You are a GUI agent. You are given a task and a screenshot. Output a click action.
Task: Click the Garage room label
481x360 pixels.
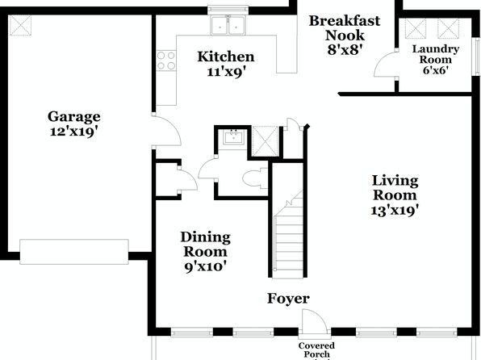coord(74,116)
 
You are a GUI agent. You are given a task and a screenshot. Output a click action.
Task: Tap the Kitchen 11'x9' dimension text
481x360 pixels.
coord(226,72)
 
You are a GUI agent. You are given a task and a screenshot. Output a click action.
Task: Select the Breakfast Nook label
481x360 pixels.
coord(345,28)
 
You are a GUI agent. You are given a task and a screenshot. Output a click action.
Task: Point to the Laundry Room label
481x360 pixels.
coord(436,54)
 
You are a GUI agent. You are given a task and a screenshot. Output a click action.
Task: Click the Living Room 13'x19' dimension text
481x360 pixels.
coord(395,211)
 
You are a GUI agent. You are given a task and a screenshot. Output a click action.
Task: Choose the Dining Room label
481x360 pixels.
coord(205,245)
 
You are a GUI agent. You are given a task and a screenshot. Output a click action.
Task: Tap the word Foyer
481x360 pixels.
coord(288,299)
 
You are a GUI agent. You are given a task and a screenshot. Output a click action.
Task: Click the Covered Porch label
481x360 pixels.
coord(316,350)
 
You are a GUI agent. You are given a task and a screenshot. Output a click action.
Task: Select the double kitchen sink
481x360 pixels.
coord(228,25)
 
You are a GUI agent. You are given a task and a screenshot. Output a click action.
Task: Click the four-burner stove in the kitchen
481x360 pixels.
coord(166,61)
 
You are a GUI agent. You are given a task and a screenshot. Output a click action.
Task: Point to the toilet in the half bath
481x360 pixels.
coord(255,178)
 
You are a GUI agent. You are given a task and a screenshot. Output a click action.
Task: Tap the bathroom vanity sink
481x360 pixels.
coord(234,136)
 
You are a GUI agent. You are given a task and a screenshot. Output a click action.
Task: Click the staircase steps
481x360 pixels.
coord(288,235)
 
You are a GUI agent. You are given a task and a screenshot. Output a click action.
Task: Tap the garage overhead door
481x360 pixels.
coord(74,252)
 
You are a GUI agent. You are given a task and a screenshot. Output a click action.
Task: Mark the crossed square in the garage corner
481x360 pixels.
coord(20,25)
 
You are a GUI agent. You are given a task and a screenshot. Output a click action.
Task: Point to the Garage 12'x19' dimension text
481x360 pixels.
coord(74,132)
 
